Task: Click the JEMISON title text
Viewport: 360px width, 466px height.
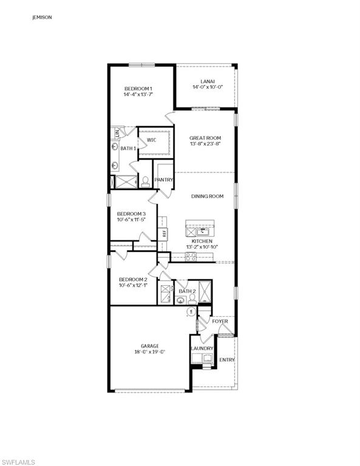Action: tap(42, 18)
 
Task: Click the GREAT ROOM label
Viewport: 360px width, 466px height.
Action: tap(205, 138)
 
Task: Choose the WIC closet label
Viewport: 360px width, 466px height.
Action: tap(152, 141)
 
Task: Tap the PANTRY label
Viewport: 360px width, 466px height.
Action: tap(164, 180)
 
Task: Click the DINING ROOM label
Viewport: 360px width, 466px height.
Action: tap(208, 196)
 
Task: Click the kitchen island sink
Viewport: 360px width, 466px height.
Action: tap(203, 231)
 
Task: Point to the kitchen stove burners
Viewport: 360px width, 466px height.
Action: tap(191, 256)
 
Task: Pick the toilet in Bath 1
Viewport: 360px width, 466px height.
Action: tap(145, 181)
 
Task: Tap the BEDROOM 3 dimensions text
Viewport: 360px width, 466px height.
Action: tap(132, 220)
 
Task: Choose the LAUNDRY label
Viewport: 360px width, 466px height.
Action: tap(202, 348)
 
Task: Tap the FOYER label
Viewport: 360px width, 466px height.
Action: tap(220, 321)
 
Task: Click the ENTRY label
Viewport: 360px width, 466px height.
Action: tap(226, 360)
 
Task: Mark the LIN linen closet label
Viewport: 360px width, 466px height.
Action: tap(117, 133)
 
